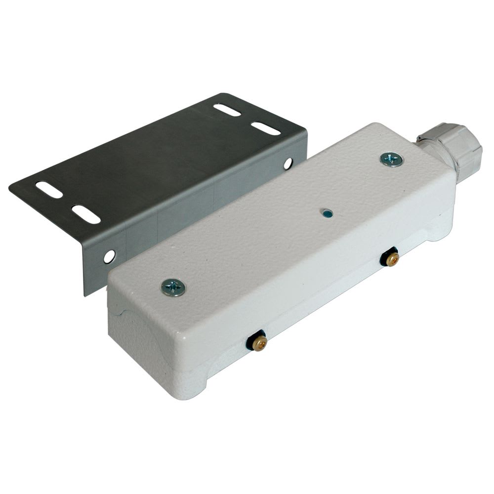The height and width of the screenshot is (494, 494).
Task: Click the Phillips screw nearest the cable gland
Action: [x=391, y=159]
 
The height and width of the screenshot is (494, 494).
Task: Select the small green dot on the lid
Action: [x=326, y=213]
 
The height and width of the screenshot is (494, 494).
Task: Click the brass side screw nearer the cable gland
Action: [x=392, y=259]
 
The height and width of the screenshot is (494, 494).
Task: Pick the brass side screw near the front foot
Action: [x=259, y=342]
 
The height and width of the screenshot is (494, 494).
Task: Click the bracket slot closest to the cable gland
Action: [x=266, y=128]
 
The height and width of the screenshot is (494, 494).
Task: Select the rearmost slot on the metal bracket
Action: [x=227, y=110]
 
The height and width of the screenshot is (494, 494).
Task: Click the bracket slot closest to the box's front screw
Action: [x=86, y=214]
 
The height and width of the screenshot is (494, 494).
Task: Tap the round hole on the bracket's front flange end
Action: [x=109, y=256]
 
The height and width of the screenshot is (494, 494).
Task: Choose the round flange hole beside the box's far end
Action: [x=288, y=164]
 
